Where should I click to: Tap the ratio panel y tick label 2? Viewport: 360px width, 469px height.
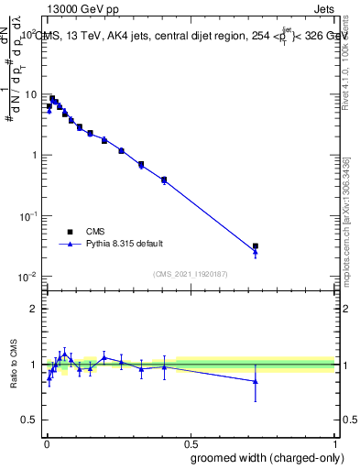pos(34,309)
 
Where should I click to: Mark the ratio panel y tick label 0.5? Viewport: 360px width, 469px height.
pos(31,420)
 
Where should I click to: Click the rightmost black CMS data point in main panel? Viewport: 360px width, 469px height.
pos(256,246)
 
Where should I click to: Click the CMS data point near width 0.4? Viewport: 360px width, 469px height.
pos(164,180)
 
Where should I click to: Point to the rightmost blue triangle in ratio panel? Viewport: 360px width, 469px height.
pos(256,381)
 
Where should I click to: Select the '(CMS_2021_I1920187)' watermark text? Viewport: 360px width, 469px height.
pos(190,273)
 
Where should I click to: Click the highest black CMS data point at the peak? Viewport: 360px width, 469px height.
pos(52,98)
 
